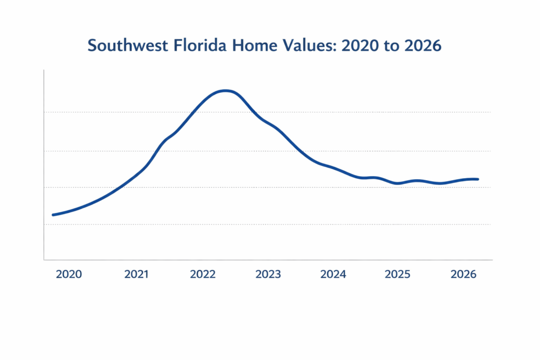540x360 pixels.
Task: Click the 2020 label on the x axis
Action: click(69, 275)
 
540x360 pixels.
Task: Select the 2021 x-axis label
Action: click(137, 275)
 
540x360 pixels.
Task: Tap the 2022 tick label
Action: click(203, 275)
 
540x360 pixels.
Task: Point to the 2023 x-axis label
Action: click(268, 275)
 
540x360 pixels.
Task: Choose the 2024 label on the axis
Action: click(333, 275)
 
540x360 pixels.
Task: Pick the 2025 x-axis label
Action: click(398, 275)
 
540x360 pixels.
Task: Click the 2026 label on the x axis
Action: click(464, 275)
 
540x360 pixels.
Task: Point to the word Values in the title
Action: click(308, 46)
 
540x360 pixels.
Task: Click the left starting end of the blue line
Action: click(53, 215)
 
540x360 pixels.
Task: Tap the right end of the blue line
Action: click(478, 179)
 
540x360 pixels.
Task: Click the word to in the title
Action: click(391, 46)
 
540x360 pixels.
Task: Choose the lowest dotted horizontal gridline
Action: click(316, 224)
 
